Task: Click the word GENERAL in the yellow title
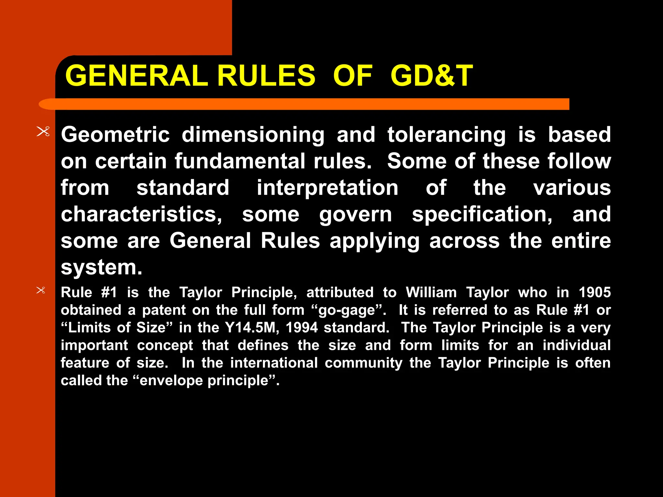coord(136,76)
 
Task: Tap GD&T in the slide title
coord(432,76)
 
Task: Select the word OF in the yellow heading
coord(353,76)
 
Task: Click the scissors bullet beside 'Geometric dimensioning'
coord(43,132)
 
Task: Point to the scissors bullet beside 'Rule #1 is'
coord(41,290)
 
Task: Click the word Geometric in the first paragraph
coord(115,135)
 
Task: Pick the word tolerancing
coord(446,135)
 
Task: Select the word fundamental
coord(240,161)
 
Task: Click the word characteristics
coord(141,214)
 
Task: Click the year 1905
coord(595,293)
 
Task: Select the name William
coord(431,293)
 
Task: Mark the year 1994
coord(302,328)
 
